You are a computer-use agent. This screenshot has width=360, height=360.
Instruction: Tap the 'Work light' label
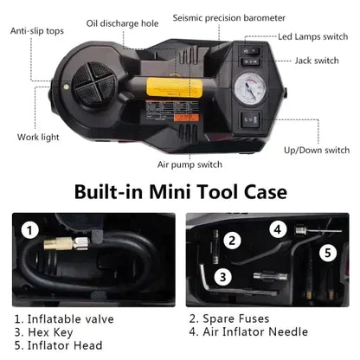pyautogui.click(x=37, y=136)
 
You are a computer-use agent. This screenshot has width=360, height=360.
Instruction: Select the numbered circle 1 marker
pyautogui.click(x=31, y=231)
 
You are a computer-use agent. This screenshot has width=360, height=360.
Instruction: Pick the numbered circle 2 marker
pyautogui.click(x=232, y=241)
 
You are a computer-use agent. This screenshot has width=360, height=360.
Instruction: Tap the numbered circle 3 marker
pyautogui.click(x=222, y=277)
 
